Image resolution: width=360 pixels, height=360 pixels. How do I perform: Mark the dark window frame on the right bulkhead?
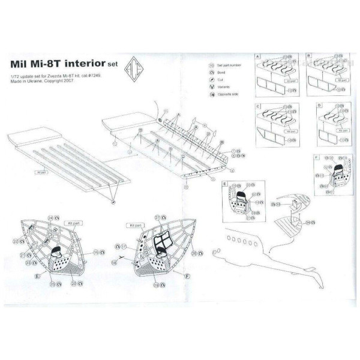pyautogui.click(x=161, y=242)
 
